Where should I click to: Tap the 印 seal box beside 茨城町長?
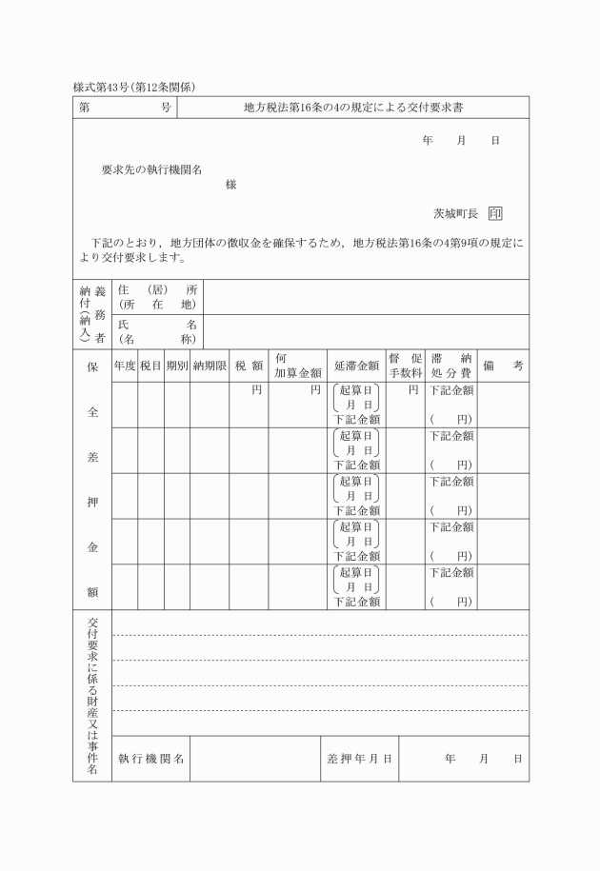(495, 214)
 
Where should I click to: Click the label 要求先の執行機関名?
(151, 169)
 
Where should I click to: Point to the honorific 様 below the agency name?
(230, 185)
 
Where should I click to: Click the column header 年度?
(125, 366)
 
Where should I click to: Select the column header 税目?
(150, 366)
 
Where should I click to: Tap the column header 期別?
(176, 366)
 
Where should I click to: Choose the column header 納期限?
(210, 366)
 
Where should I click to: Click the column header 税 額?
(249, 366)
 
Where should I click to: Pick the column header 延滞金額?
(357, 366)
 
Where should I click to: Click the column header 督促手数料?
(404, 366)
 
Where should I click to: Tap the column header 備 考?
(502, 366)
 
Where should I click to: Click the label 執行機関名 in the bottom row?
(151, 759)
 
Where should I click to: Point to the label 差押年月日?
(359, 759)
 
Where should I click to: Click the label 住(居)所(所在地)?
(156, 296)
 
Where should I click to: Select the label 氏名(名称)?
(156, 331)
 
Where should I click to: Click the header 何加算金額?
(296, 366)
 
